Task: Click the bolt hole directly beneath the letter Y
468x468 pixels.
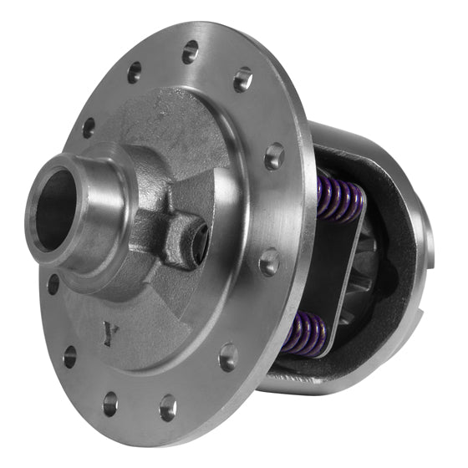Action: [110, 404]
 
